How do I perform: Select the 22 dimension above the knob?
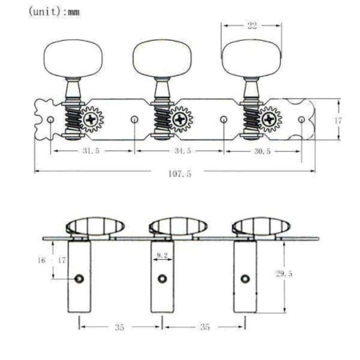(252, 26)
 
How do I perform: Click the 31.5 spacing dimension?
(89, 150)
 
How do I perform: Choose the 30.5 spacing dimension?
(262, 150)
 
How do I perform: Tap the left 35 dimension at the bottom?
(120, 326)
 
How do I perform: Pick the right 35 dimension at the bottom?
(206, 326)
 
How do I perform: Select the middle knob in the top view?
(160, 56)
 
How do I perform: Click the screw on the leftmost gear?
(93, 121)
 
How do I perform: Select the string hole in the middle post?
(162, 278)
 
